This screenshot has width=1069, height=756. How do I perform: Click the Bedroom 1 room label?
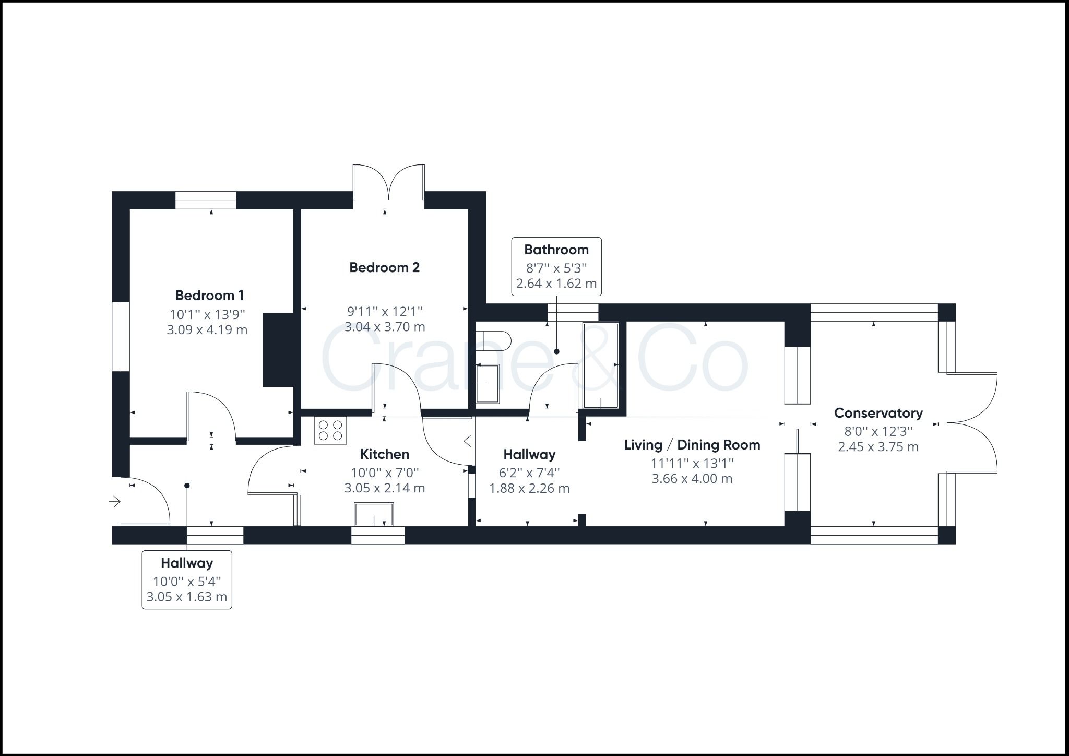click(209, 296)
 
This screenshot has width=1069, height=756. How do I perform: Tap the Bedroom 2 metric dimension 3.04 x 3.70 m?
click(385, 327)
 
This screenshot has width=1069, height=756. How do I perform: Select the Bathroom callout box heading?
click(556, 250)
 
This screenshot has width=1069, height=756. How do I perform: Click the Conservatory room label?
click(878, 413)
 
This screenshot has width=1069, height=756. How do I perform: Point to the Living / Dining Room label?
click(692, 445)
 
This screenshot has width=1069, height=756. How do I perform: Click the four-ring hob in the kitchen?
click(330, 431)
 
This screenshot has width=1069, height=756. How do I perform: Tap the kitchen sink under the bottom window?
click(374, 514)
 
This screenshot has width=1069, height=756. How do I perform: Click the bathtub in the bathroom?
click(601, 365)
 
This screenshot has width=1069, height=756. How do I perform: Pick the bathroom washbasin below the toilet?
click(488, 384)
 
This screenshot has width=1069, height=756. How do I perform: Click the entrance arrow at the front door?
click(115, 502)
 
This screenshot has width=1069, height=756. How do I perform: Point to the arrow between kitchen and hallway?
click(469, 441)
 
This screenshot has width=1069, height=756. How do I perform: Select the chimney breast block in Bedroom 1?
click(278, 350)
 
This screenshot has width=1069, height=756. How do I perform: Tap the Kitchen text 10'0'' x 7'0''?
click(385, 473)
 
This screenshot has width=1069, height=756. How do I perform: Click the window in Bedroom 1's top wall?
click(205, 200)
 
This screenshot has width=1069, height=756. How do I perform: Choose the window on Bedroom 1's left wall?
click(121, 336)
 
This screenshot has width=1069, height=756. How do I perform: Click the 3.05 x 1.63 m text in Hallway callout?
click(187, 597)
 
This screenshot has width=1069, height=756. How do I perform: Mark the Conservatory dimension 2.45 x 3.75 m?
click(878, 447)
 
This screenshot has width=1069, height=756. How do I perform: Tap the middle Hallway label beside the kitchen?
click(529, 454)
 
